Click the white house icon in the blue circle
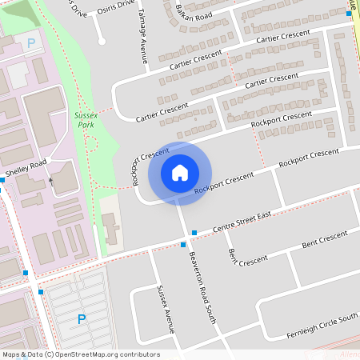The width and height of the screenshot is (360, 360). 180,173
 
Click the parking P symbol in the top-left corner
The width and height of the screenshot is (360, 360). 31,43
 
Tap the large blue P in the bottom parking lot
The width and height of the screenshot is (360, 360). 81,320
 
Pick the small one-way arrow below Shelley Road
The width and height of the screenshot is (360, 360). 51,182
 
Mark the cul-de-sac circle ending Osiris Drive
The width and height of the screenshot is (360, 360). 102,41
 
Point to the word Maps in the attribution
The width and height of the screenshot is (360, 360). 11,354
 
